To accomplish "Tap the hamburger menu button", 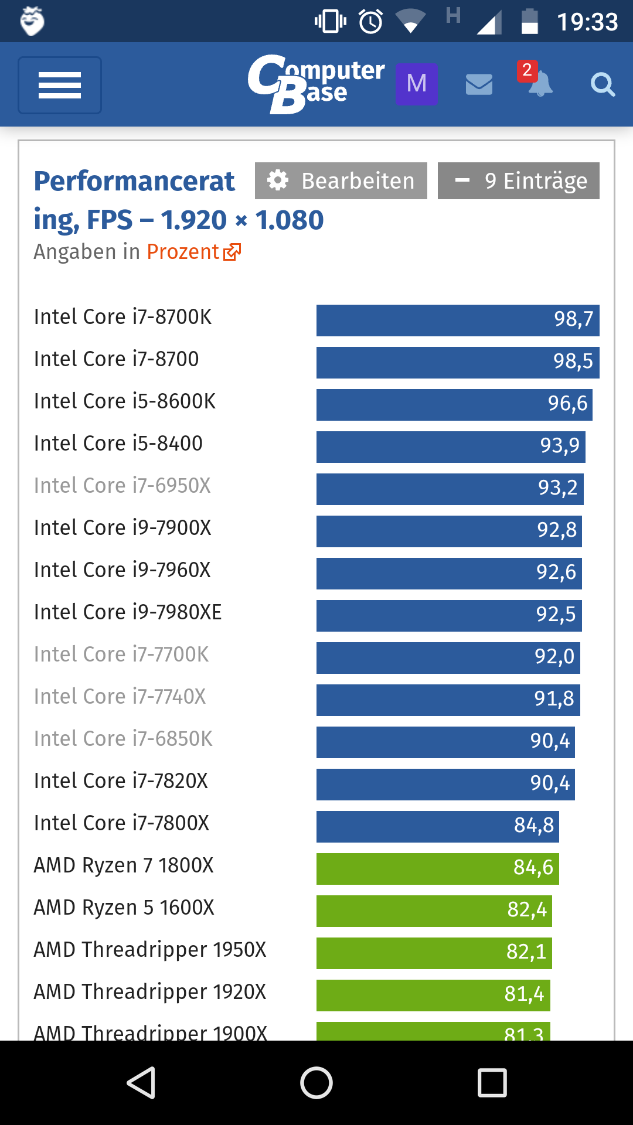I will point(60,85).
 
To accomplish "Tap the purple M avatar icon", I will point(417,84).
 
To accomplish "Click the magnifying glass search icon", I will point(602,85).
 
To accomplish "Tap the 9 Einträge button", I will point(518,180).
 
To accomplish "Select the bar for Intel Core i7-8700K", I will point(457,320).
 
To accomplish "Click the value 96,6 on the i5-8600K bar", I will point(567,404).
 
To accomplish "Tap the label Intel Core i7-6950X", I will point(122,486).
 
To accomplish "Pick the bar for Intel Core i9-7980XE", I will point(448,615).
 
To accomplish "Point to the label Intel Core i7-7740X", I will point(120,697).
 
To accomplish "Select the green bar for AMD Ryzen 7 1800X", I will point(437,868).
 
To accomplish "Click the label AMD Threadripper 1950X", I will point(150,950).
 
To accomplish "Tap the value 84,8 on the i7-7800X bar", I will point(533,826).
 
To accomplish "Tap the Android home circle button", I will point(316,1082).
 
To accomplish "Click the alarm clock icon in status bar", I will point(370,22).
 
